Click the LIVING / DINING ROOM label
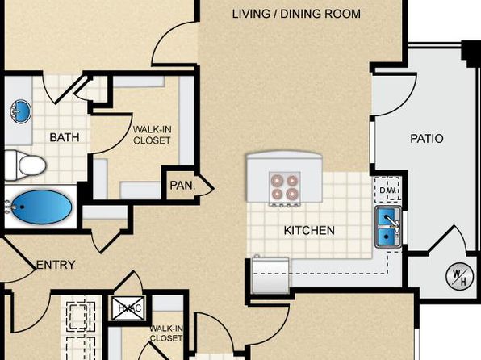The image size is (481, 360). point(296,14)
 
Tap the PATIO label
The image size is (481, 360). point(427,139)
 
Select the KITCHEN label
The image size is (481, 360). point(309,231)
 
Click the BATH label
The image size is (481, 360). point(65,137)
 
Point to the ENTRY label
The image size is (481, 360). point(56,265)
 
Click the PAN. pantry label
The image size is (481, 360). point(182,186)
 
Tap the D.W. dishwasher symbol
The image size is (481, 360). point(387,190)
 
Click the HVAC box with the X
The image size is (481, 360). point(128,308)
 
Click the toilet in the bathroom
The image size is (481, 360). point(25,165)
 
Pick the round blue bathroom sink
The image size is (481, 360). point(21,111)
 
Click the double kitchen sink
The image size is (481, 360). point(388,227)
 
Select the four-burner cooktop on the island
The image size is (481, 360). point(284,187)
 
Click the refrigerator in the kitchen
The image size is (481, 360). point(270,274)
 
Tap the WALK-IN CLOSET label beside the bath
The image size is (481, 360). point(152,135)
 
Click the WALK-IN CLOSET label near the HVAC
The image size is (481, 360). point(166,333)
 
